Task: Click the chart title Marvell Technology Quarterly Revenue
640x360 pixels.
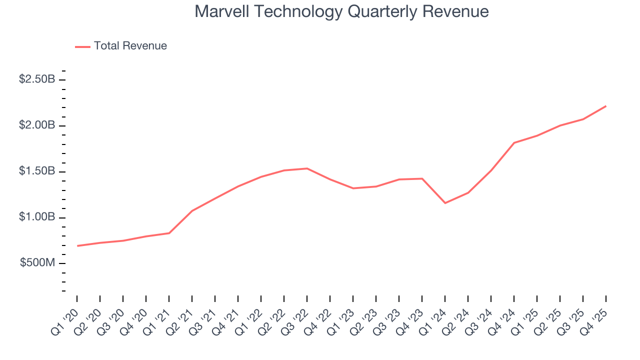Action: click(x=341, y=11)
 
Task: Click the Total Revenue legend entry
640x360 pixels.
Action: click(x=130, y=46)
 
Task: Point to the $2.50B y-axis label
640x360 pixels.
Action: click(x=37, y=79)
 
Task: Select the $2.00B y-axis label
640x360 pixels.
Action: click(x=37, y=125)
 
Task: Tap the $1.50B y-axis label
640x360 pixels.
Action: click(x=37, y=171)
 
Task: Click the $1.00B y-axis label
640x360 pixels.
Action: click(x=37, y=217)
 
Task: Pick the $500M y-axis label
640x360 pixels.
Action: click(x=38, y=263)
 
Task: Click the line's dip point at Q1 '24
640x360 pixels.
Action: click(x=445, y=203)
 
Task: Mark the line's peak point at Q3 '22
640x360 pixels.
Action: click(x=307, y=168)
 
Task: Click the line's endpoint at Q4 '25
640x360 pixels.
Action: click(x=606, y=106)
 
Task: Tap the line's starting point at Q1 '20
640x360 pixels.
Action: click(x=77, y=246)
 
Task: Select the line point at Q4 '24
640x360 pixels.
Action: click(x=514, y=143)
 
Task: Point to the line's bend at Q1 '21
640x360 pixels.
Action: click(x=169, y=233)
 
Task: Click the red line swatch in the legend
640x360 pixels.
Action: click(x=82, y=46)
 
